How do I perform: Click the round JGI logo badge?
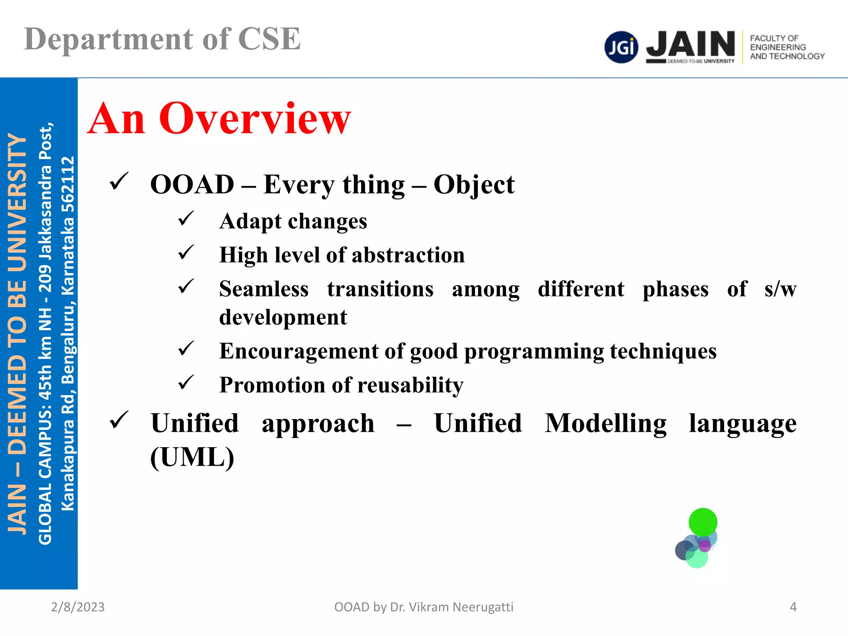[x=621, y=47]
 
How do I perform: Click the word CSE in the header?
[x=269, y=39]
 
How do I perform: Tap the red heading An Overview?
[x=219, y=119]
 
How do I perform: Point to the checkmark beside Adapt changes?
[x=186, y=219]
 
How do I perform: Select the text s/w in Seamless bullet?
[x=780, y=289]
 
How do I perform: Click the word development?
[x=283, y=317]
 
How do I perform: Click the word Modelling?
[x=605, y=423]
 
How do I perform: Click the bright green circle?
[x=703, y=522]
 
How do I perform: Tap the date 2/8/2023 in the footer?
[x=78, y=607]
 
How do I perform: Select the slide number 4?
[x=793, y=607]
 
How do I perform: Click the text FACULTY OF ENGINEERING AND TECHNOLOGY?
[x=787, y=47]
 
